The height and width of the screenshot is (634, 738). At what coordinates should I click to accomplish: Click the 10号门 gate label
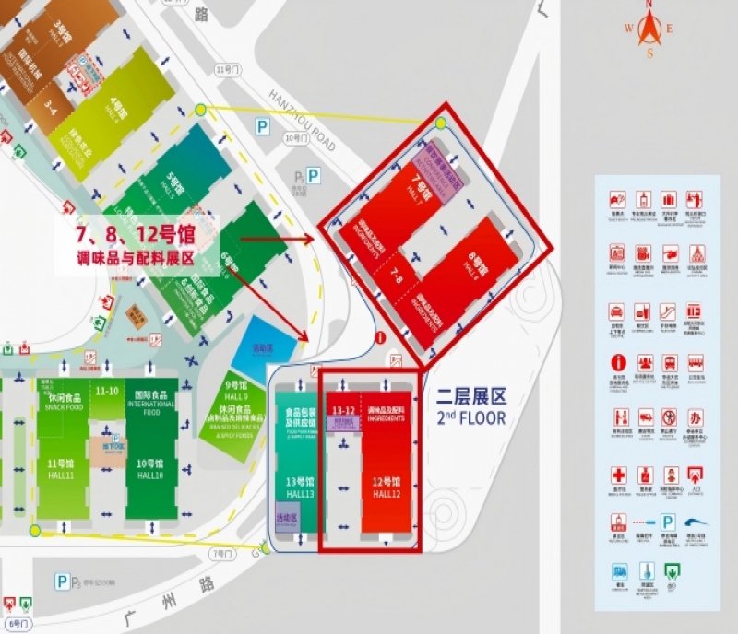(293, 138)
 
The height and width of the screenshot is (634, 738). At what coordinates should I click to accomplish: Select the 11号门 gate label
(223, 70)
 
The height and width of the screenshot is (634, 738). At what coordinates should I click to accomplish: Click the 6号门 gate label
(18, 624)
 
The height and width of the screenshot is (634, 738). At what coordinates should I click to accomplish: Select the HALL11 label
(62, 475)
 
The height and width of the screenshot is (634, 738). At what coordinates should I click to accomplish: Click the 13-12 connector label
(344, 411)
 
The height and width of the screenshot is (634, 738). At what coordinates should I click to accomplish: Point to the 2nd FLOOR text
(471, 417)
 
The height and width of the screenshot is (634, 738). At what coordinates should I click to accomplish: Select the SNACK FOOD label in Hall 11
(61, 406)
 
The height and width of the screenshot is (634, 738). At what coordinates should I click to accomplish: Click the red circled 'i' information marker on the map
(379, 337)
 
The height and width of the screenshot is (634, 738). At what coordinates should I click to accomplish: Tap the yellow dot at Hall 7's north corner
(441, 123)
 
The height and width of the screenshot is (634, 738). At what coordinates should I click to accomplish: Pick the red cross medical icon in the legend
(618, 475)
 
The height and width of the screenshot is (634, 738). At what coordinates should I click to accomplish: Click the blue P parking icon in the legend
(669, 522)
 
